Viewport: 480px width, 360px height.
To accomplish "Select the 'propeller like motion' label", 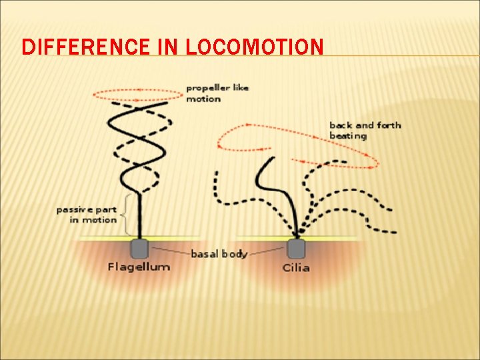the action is pos(217,93).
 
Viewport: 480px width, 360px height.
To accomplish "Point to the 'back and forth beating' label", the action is pos(364,130).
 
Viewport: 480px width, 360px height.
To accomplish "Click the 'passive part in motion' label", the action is pos(86,214).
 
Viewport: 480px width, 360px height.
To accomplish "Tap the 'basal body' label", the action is pos(219,253).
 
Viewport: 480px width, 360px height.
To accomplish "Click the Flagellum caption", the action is pos(139,267).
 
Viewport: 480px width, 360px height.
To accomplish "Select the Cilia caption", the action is pos(295,267).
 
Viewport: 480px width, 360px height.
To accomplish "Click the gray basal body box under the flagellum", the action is pos(139,248).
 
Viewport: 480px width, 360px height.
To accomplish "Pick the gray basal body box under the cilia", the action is pos(296,248).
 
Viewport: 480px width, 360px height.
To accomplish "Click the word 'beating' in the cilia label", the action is pos(348,136).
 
